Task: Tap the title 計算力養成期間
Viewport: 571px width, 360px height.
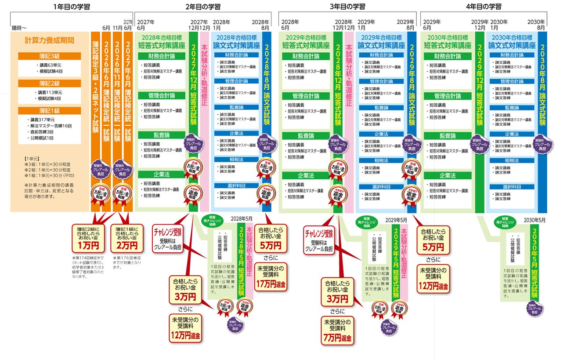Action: [50, 40]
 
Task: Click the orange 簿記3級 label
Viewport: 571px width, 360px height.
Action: [50, 56]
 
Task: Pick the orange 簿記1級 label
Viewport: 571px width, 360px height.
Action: [50, 111]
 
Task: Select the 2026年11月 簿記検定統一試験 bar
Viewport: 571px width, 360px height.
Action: [117, 97]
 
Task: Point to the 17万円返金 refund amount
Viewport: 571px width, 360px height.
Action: [271, 284]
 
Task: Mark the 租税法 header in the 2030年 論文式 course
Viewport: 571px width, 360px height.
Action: [512, 161]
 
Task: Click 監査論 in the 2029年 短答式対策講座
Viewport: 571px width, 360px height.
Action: [306, 136]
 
